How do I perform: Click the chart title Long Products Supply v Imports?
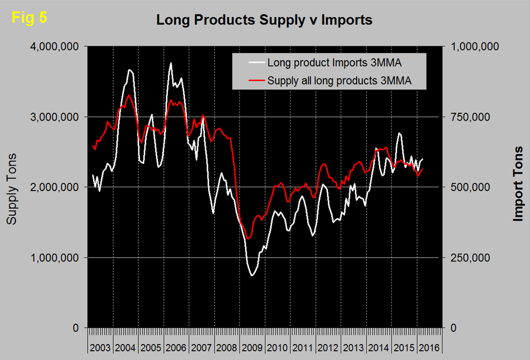click(x=264, y=20)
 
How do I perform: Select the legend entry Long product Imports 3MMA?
click(x=337, y=62)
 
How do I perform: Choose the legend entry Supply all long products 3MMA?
click(x=339, y=81)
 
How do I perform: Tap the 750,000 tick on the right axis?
click(x=476, y=117)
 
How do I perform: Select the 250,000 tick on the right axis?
click(x=476, y=258)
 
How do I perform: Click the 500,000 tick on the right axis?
click(x=476, y=187)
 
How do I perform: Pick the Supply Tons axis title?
click(x=12, y=189)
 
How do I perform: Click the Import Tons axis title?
click(x=517, y=184)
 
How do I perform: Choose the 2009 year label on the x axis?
click(x=253, y=348)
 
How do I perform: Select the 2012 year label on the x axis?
click(x=329, y=348)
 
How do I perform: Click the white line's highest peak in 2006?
click(x=171, y=63)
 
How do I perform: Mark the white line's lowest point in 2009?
click(x=252, y=275)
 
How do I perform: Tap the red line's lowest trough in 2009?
click(x=249, y=239)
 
